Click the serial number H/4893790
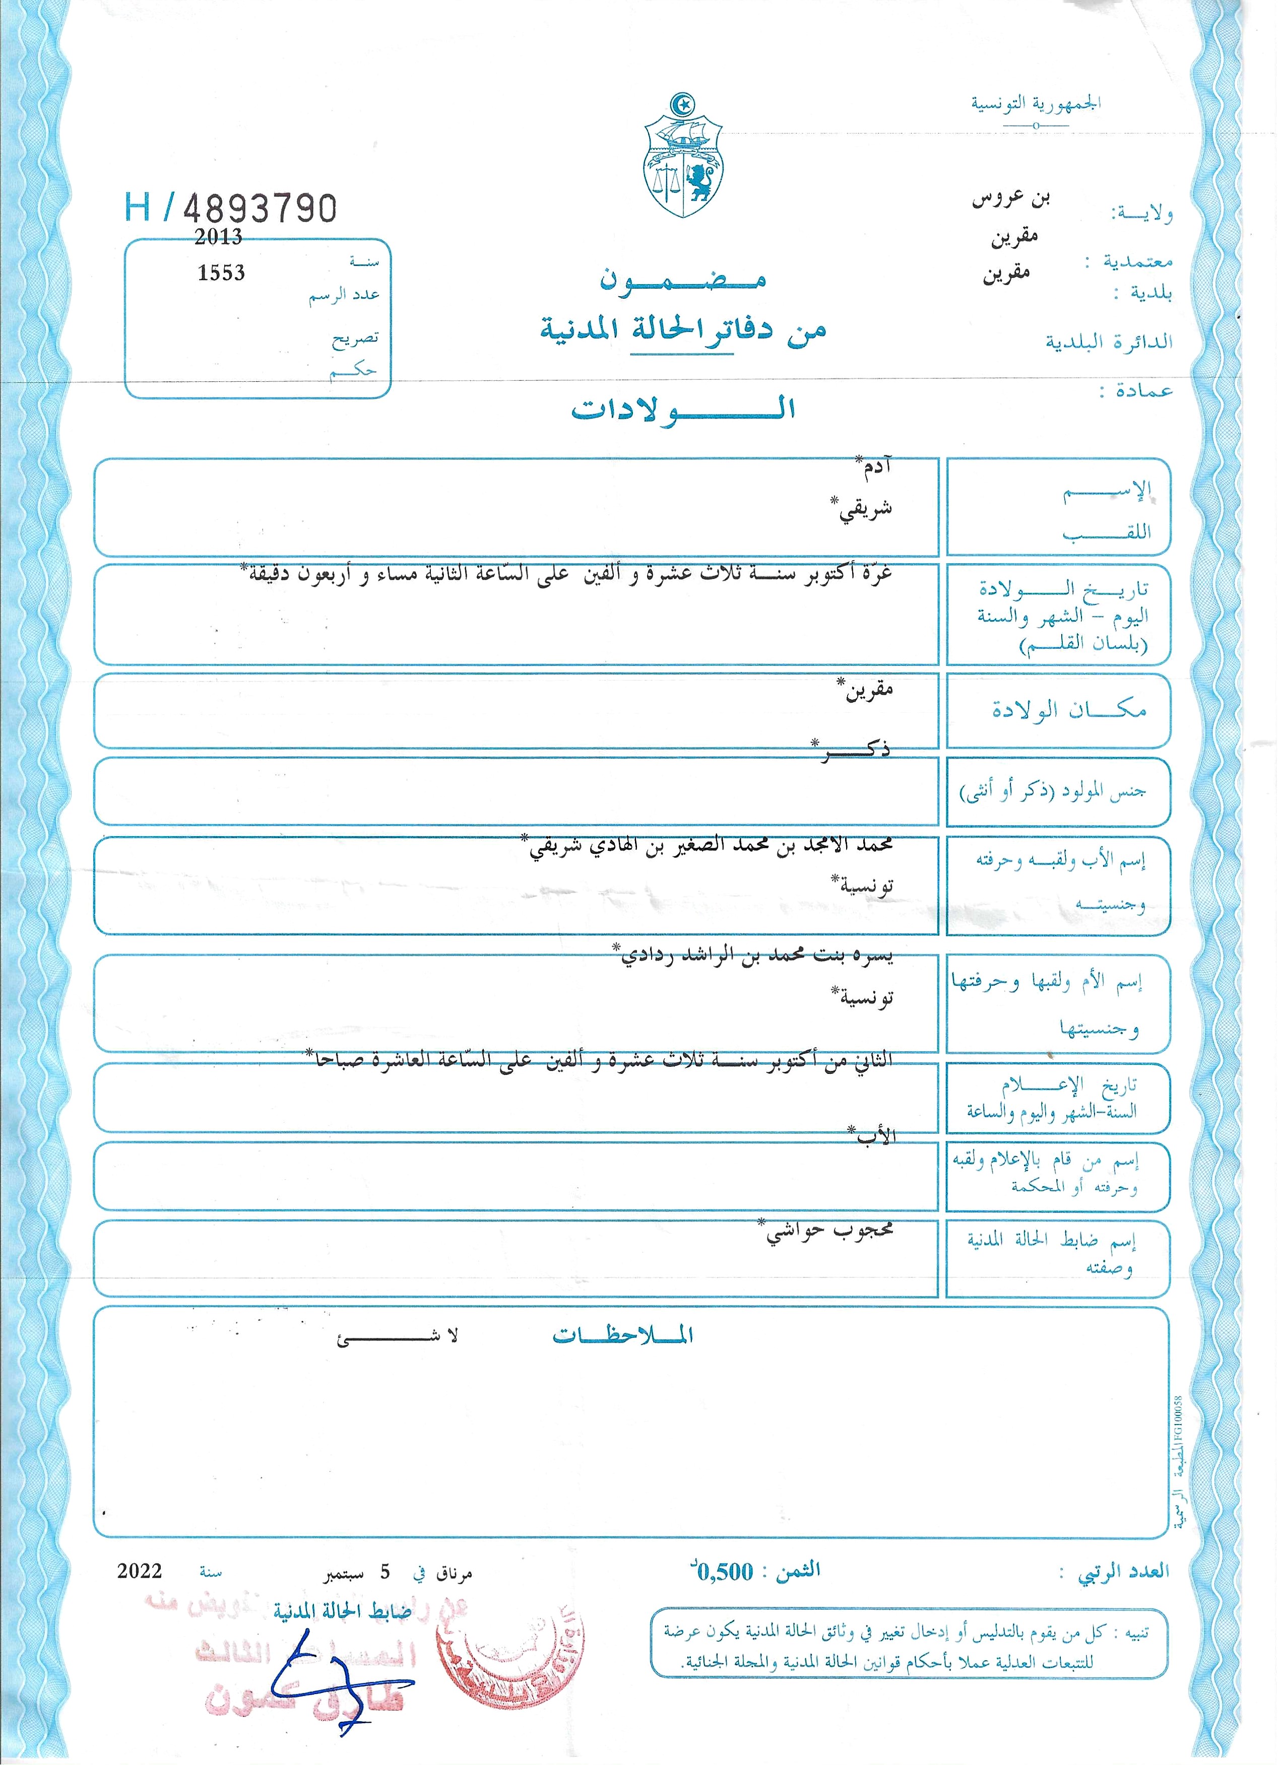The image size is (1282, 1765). pos(230,208)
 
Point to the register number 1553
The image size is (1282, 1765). pos(221,273)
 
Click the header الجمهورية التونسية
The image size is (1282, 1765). pos(1035,103)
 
